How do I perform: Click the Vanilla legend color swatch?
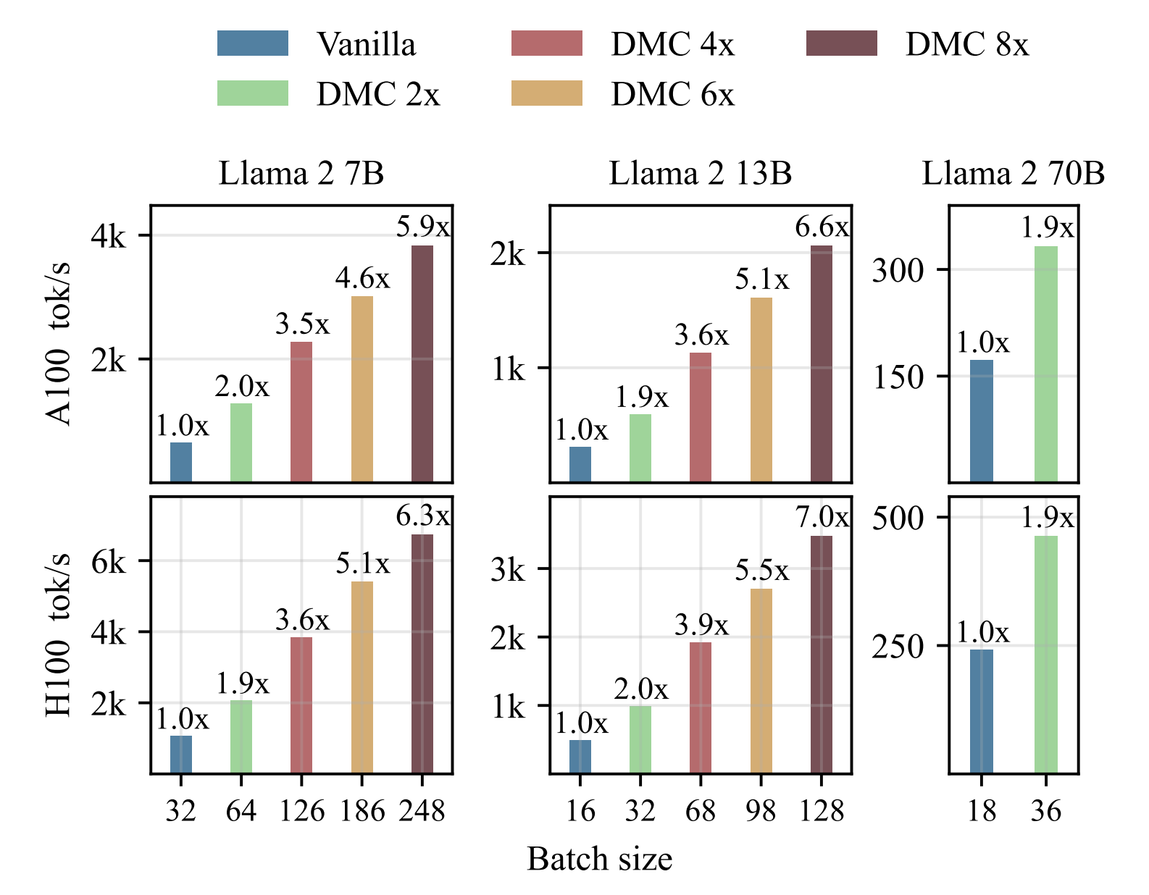pyautogui.click(x=253, y=43)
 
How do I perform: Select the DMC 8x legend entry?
pyautogui.click(x=966, y=45)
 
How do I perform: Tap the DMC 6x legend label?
pyautogui.click(x=672, y=95)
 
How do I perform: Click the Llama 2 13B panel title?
pyautogui.click(x=700, y=174)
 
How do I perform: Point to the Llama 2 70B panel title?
pyautogui.click(x=1013, y=174)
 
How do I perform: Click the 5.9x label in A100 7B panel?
pyautogui.click(x=423, y=227)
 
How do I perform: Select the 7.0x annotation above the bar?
pyautogui.click(x=822, y=518)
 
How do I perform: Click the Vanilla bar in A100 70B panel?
pyautogui.click(x=982, y=421)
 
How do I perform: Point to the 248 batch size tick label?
pyautogui.click(x=422, y=811)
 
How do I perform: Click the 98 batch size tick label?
pyautogui.click(x=761, y=811)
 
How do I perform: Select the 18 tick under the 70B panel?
pyautogui.click(x=982, y=811)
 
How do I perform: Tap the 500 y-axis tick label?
pyautogui.click(x=898, y=518)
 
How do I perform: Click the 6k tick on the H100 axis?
pyautogui.click(x=108, y=562)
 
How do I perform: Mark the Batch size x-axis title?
pyautogui.click(x=599, y=860)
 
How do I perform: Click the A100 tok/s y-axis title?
pyautogui.click(x=59, y=344)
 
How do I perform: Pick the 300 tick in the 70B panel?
pyautogui.click(x=898, y=271)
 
